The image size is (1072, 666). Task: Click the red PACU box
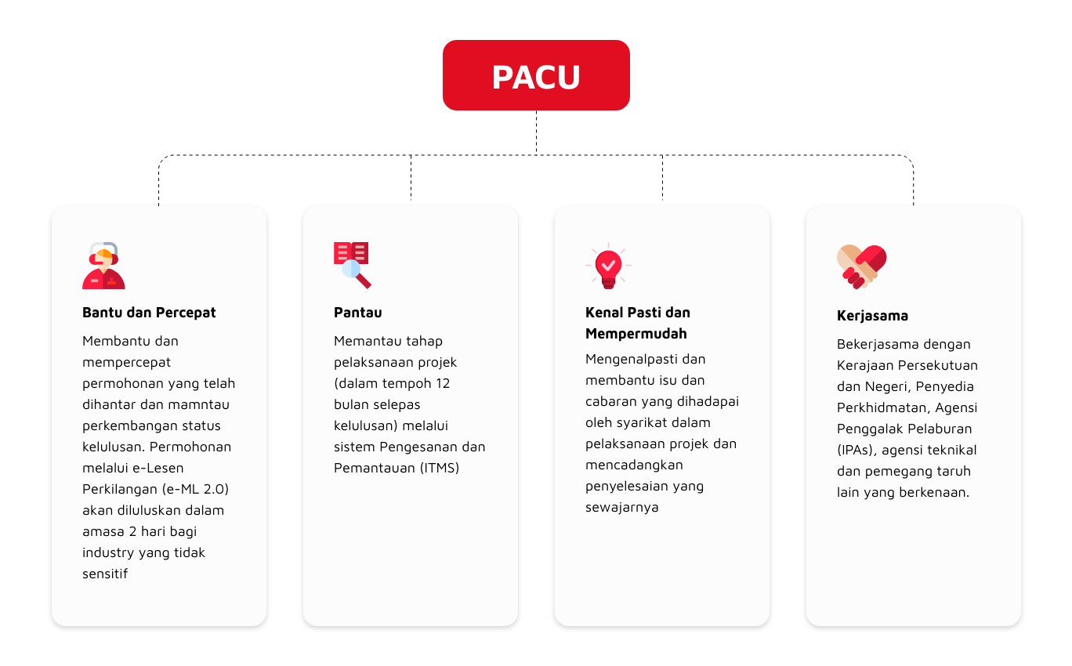[536, 75]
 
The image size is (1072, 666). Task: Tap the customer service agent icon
[103, 266]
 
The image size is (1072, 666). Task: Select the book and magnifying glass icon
[353, 265]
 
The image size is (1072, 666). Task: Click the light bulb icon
[608, 266]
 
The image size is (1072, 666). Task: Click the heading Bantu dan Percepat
[149, 313]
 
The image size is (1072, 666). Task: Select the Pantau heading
[357, 313]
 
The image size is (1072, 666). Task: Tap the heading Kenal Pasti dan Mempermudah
[638, 323]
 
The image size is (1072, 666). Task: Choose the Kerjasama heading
[872, 316]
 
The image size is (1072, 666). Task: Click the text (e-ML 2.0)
[195, 489]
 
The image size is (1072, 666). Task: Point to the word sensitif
[105, 574]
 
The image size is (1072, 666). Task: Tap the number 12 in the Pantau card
[443, 383]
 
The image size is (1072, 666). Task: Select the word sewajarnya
[621, 507]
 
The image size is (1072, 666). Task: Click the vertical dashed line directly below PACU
[536, 132]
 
